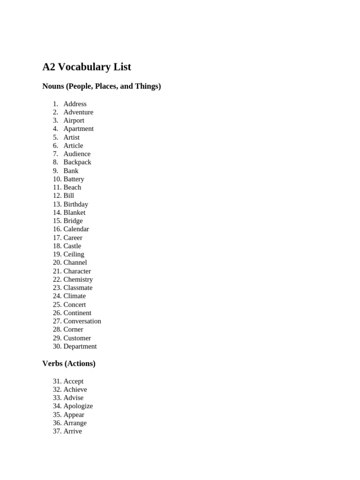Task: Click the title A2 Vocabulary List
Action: [x=87, y=67]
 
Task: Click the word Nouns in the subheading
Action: [x=53, y=86]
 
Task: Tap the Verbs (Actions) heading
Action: [x=69, y=363]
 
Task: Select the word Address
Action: [x=75, y=104]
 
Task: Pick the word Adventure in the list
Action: [x=78, y=112]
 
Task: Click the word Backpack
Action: [x=77, y=162]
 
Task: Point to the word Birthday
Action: [x=76, y=204]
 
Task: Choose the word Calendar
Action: [x=76, y=229]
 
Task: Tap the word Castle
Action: [x=72, y=246]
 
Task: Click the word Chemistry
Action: [x=78, y=279]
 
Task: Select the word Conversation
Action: [x=82, y=321]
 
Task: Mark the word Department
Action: [x=80, y=346]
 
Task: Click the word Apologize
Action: [x=78, y=406]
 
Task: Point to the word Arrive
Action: [x=73, y=431]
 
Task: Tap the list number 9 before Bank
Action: [x=55, y=171]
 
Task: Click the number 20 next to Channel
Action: [x=57, y=262]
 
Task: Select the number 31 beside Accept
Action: [x=57, y=381]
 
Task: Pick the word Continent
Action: [x=77, y=313]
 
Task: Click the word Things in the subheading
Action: [x=148, y=86]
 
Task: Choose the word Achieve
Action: [x=75, y=390]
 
